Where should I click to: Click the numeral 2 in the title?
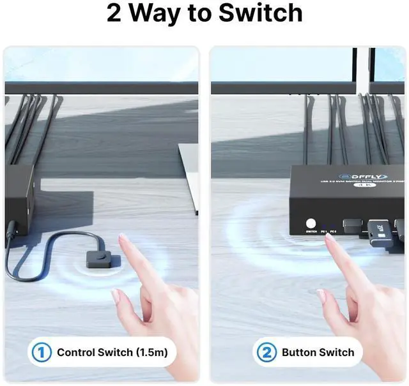click(x=114, y=14)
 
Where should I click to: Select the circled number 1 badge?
click(x=41, y=352)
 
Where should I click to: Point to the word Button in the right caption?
click(x=301, y=352)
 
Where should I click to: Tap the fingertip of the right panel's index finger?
click(x=329, y=239)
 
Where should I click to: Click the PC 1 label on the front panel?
click(x=324, y=232)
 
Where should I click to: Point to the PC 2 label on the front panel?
click(x=334, y=232)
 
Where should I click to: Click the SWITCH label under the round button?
click(x=311, y=232)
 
